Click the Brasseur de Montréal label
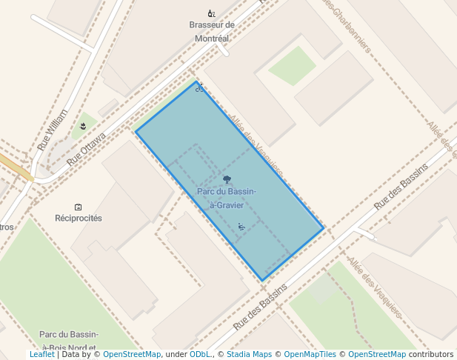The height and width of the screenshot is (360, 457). click(x=212, y=31)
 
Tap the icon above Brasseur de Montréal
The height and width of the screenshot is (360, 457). click(x=212, y=13)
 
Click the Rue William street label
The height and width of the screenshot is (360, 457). click(x=51, y=130)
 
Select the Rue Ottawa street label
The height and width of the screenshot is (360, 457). click(x=87, y=148)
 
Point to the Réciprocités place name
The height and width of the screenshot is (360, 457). click(x=79, y=219)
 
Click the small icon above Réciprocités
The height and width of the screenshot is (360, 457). click(x=79, y=207)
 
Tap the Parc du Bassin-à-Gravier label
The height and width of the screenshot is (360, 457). click(x=227, y=198)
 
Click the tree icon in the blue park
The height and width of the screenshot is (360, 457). click(x=227, y=179)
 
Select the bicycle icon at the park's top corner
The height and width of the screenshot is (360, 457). click(x=199, y=89)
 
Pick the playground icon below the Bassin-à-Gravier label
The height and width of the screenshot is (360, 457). click(x=241, y=226)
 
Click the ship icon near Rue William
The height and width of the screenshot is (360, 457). click(x=83, y=127)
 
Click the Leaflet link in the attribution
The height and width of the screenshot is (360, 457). click(x=42, y=355)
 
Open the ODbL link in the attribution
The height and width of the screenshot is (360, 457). click(x=200, y=355)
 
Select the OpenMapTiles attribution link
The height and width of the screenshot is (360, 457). click(x=310, y=355)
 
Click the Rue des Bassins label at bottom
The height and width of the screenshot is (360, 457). click(x=259, y=307)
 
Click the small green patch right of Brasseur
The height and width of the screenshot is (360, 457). click(x=293, y=65)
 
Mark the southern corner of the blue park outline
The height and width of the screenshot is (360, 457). click(x=262, y=281)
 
